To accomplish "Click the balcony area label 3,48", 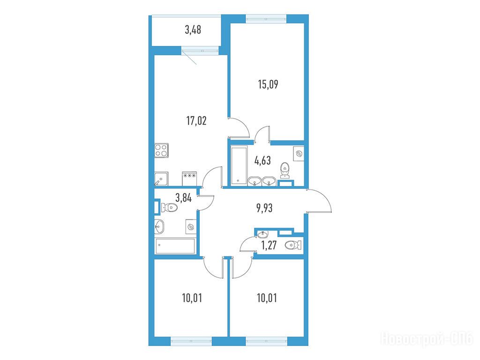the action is (193, 30).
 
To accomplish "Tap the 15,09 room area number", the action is (268, 84).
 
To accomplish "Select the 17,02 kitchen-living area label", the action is (196, 120).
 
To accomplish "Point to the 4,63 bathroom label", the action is (262, 160).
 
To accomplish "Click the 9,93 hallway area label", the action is (264, 208).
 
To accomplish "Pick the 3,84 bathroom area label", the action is (183, 197).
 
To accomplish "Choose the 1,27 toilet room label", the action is (269, 245).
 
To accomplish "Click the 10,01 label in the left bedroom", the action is (192, 298).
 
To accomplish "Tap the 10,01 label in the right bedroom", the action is (267, 298).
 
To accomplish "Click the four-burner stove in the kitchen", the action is (161, 150).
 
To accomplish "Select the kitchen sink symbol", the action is (161, 179).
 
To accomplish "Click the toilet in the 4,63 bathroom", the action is (285, 170).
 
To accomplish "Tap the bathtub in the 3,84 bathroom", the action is (175, 247).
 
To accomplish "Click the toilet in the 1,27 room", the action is (293, 245).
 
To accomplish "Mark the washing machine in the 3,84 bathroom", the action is (191, 227).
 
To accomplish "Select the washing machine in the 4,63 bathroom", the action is (299, 154).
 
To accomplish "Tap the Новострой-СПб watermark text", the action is (427, 339).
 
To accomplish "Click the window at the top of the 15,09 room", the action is (266, 18).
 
